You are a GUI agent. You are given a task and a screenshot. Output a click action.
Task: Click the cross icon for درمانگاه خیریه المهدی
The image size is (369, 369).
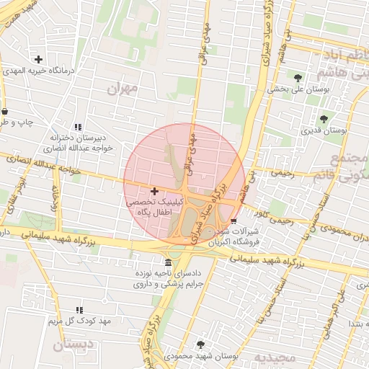(x=38, y=59)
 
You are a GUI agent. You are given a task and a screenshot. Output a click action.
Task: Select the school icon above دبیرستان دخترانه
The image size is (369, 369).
(x=79, y=127)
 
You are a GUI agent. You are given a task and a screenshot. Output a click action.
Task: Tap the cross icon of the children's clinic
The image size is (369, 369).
(x=154, y=191)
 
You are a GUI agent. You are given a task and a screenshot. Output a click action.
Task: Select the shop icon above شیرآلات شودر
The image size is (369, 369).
(x=233, y=221)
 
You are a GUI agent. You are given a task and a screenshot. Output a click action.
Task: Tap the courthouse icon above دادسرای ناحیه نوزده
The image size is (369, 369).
(x=168, y=262)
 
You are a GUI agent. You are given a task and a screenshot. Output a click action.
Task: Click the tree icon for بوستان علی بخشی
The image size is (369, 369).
(x=298, y=77)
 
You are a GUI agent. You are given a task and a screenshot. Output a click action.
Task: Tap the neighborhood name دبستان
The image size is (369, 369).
(x=73, y=345)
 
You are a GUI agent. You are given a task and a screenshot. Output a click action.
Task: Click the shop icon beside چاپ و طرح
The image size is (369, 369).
(x=6, y=112)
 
